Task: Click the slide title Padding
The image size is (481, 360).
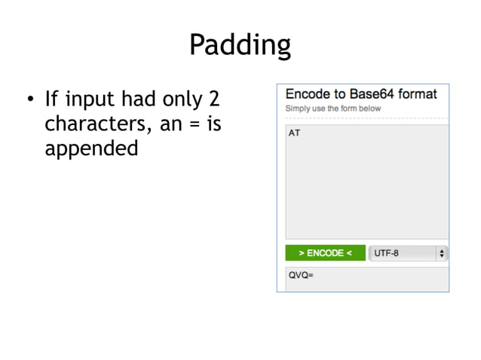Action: (x=240, y=45)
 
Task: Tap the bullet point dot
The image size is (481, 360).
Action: (x=30, y=100)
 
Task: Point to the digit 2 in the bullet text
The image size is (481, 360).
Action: (x=214, y=99)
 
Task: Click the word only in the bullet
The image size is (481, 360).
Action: (x=182, y=99)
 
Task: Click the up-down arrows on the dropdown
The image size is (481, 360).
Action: (x=441, y=254)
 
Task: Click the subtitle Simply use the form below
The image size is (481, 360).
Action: (x=332, y=108)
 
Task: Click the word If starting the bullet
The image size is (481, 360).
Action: (x=51, y=99)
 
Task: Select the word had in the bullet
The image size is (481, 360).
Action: (x=137, y=99)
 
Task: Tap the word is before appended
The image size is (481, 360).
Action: (x=213, y=124)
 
